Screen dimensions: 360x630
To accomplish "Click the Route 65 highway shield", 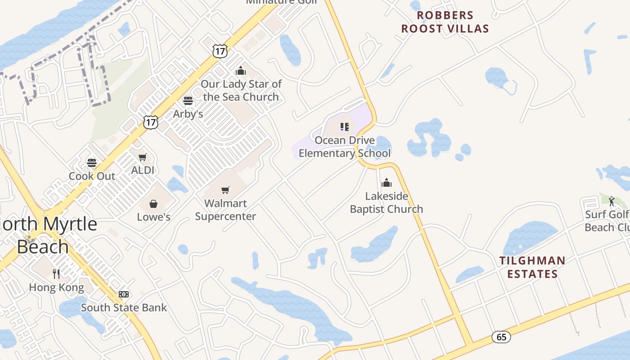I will tap(501, 337).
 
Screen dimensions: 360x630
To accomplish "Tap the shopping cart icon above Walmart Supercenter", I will tap(225, 190).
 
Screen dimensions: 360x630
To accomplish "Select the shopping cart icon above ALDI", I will tap(143, 157).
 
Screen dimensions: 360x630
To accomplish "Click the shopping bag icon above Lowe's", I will tap(153, 204).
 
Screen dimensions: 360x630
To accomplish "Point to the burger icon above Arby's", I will tap(188, 101).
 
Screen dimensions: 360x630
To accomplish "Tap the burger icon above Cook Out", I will tap(92, 162).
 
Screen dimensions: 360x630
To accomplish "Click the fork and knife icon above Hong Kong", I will tap(56, 274).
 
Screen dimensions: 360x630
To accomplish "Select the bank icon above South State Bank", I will tap(124, 294).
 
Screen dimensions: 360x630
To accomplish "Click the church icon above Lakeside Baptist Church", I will tap(387, 183).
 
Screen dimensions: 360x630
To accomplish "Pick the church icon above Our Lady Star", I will tap(241, 71).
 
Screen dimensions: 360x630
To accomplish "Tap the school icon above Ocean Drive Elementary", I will tap(345, 127).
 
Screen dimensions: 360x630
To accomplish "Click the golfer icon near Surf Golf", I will tap(612, 201).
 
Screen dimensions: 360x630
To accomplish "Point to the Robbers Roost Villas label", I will tap(445, 22).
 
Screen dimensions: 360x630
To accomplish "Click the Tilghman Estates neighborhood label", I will tap(532, 267).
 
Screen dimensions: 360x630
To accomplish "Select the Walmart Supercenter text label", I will tap(225, 210).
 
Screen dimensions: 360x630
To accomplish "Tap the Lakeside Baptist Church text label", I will tap(387, 202).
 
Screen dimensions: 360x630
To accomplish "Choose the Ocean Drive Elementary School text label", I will tap(345, 147).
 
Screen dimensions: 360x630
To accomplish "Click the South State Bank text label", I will tap(124, 308).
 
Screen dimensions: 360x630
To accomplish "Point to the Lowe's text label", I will tap(153, 217).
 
